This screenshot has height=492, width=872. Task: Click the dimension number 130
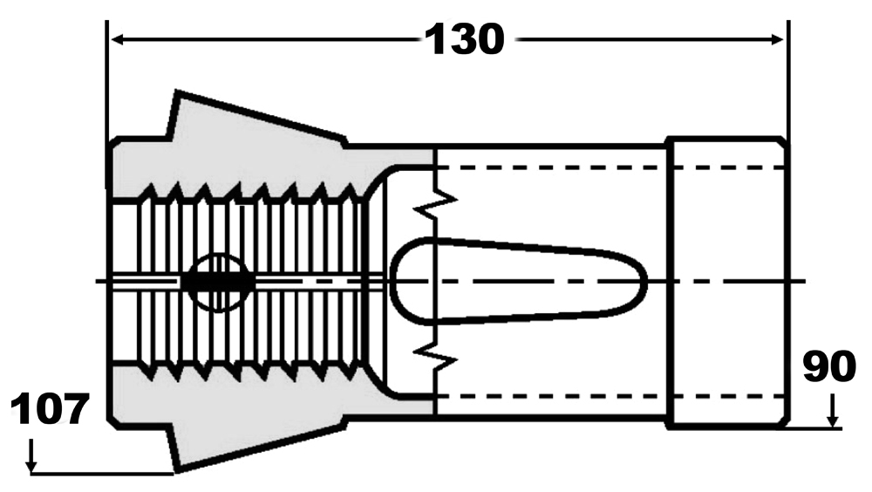click(x=464, y=39)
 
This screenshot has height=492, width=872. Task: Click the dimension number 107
click(x=51, y=409)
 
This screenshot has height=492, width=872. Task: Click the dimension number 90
click(x=828, y=367)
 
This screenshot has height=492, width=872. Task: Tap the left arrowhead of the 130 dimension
click(x=116, y=39)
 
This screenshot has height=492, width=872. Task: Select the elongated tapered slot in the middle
click(x=514, y=281)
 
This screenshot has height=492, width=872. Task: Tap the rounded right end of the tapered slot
click(x=642, y=282)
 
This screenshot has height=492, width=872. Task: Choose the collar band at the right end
click(x=726, y=281)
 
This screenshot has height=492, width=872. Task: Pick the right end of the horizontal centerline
click(x=804, y=281)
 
